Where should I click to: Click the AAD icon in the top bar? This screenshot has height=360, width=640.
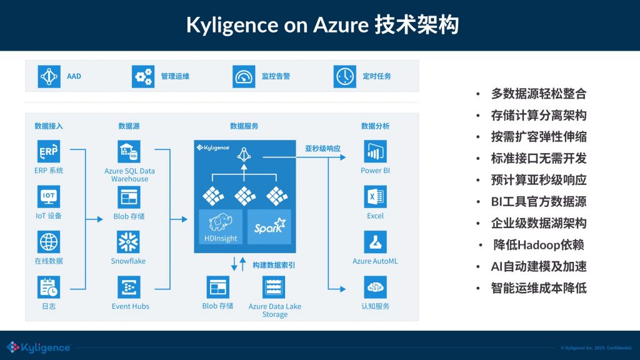pyautogui.click(x=49, y=76)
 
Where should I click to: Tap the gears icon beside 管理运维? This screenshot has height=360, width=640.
pyautogui.click(x=143, y=76)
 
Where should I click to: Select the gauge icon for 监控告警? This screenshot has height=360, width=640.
pyautogui.click(x=244, y=76)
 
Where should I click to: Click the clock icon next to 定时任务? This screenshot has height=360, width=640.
pyautogui.click(x=344, y=76)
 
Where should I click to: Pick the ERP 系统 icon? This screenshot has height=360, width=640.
pyautogui.click(x=49, y=152)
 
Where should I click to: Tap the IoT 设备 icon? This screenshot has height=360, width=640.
pyautogui.click(x=49, y=197)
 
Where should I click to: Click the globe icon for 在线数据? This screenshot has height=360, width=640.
pyautogui.click(x=49, y=242)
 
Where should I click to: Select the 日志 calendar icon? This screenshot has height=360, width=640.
pyautogui.click(x=49, y=287)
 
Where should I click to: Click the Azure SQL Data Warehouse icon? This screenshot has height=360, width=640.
pyautogui.click(x=129, y=152)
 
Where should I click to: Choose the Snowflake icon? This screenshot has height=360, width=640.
pyautogui.click(x=129, y=242)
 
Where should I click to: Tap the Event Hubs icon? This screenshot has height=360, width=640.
pyautogui.click(x=129, y=287)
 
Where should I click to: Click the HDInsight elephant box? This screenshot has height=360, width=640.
pyautogui.click(x=220, y=227)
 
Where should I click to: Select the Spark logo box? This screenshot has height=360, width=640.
pyautogui.click(x=269, y=227)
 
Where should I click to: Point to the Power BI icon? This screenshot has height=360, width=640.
pyautogui.click(x=375, y=152)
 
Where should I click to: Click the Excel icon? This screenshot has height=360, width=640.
pyautogui.click(x=375, y=197)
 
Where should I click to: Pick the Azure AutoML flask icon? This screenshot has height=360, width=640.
pyautogui.click(x=375, y=242)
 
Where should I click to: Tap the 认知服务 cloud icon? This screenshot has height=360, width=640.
pyautogui.click(x=375, y=287)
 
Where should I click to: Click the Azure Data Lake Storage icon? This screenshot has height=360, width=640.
pyautogui.click(x=274, y=287)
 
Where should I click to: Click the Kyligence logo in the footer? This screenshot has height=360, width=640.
pyautogui.click(x=39, y=347)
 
